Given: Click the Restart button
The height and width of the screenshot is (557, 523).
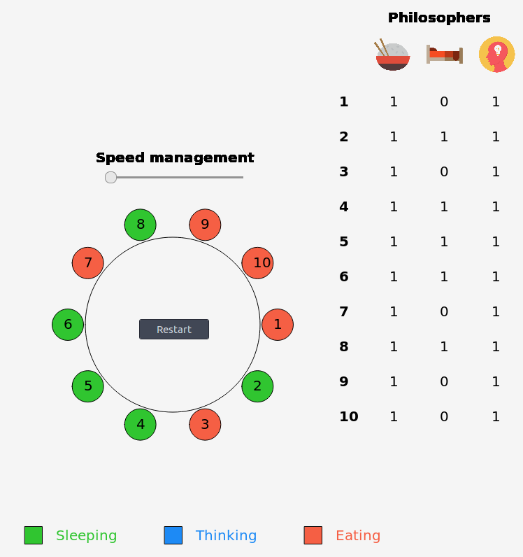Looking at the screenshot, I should pos(174,330).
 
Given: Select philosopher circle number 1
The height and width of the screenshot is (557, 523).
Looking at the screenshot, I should pos(278,325).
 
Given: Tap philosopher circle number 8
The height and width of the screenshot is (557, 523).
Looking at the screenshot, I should pos(141,225).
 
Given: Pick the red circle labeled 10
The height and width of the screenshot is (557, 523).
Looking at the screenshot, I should pos(257,263).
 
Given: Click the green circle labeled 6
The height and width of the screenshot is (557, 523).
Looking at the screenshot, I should pos(68,325).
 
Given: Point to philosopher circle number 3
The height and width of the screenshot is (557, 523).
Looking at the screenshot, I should pos(205,424).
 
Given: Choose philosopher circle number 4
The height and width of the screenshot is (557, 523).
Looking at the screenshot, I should pos(141,424).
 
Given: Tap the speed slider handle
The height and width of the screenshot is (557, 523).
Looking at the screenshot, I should pos(110,177).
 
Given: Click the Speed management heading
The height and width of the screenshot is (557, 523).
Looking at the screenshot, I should pos(175,157).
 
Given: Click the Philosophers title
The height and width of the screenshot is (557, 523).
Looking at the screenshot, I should pos(439,17).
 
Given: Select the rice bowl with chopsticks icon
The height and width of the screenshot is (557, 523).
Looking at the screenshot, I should pos(392,55).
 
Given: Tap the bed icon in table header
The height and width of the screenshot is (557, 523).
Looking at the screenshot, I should pos(445,55).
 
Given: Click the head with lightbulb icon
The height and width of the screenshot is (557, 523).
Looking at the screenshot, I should pos(496,55).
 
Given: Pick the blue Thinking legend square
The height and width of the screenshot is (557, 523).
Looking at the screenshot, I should pos(173,535).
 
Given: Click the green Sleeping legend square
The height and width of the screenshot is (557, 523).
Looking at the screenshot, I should pos(33,535).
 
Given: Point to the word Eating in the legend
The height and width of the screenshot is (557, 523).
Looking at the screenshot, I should pos(358,535).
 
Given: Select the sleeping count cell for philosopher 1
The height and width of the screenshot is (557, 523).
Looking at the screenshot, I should pos(444,101).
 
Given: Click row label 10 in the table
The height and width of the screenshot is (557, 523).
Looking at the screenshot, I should pos(348,416).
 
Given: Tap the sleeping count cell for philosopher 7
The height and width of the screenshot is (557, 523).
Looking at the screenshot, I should pos(444,311).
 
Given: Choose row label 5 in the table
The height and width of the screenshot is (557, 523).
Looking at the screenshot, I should pos(343,241).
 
